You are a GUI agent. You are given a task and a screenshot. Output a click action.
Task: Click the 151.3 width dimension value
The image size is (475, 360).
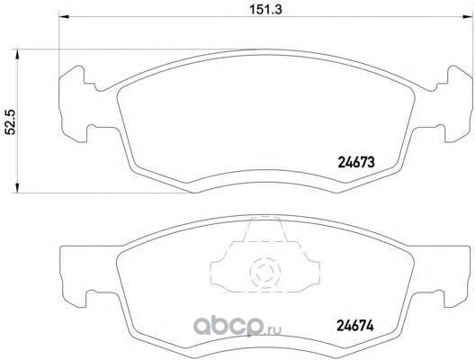tap(265, 9)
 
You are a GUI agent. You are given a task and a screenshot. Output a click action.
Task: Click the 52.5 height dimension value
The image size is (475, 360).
tap(12, 121)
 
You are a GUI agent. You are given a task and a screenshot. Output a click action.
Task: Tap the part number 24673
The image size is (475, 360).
tap(356, 163)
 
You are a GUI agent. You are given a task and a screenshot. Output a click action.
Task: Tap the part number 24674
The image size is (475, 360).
tap(355, 326)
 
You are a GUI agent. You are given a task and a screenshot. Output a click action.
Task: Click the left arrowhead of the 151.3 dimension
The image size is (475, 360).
tap(63, 17)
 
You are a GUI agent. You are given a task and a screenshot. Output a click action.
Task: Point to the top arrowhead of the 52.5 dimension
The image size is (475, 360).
tap(17, 55)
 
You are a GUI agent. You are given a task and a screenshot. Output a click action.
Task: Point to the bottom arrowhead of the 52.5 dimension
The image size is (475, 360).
tap(17, 187)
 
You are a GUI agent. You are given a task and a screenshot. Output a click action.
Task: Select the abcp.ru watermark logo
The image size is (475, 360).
tap(237, 325)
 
